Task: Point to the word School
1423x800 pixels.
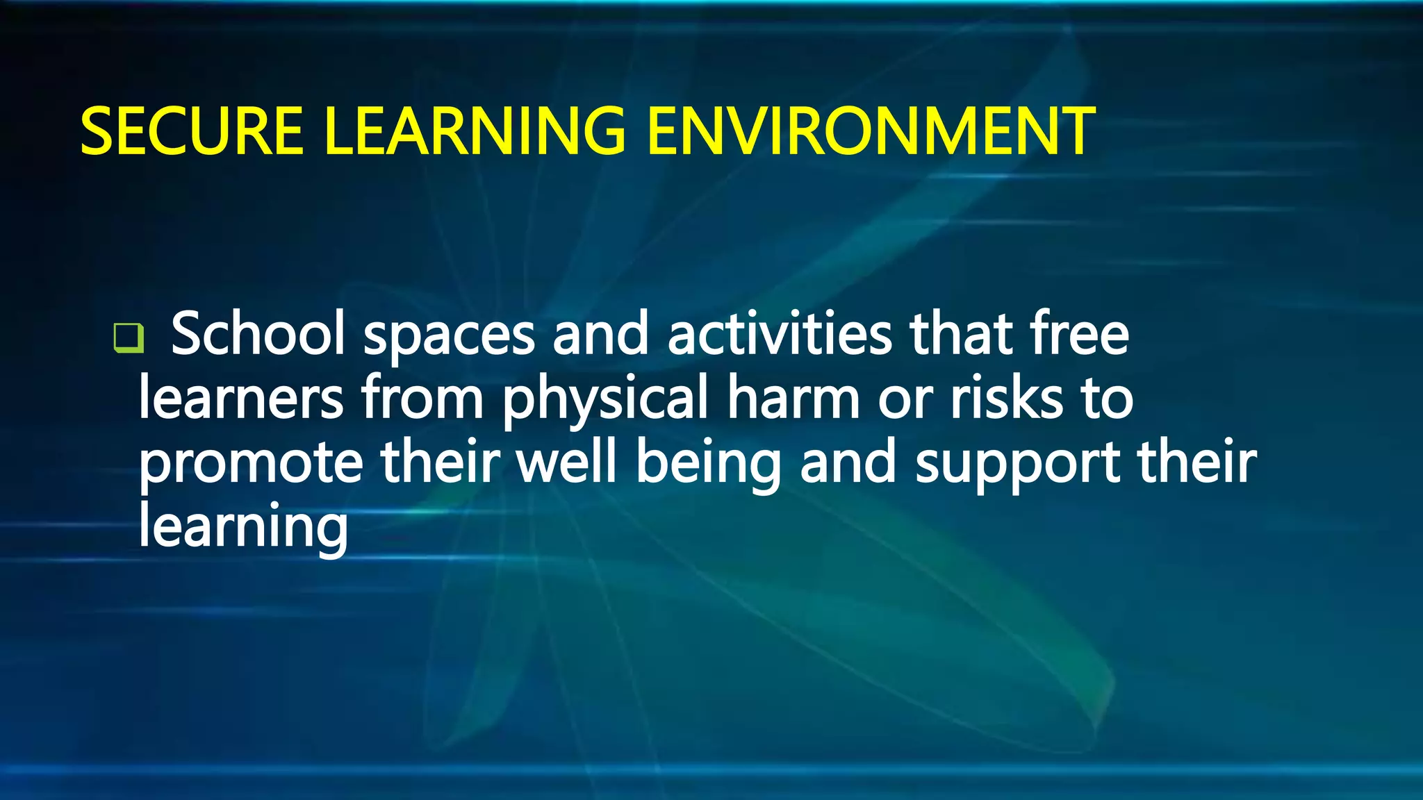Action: (x=258, y=334)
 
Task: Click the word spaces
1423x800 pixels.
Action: (x=449, y=336)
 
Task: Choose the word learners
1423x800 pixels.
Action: (x=241, y=399)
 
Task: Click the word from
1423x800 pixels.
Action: (x=422, y=399)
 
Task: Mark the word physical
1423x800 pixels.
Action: (x=604, y=401)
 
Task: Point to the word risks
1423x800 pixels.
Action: (x=1007, y=399)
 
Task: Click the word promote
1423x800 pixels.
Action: (x=251, y=465)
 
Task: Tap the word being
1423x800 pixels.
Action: (x=709, y=465)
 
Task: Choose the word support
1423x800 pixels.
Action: (x=1018, y=465)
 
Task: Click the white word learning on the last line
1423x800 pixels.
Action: (x=243, y=528)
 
